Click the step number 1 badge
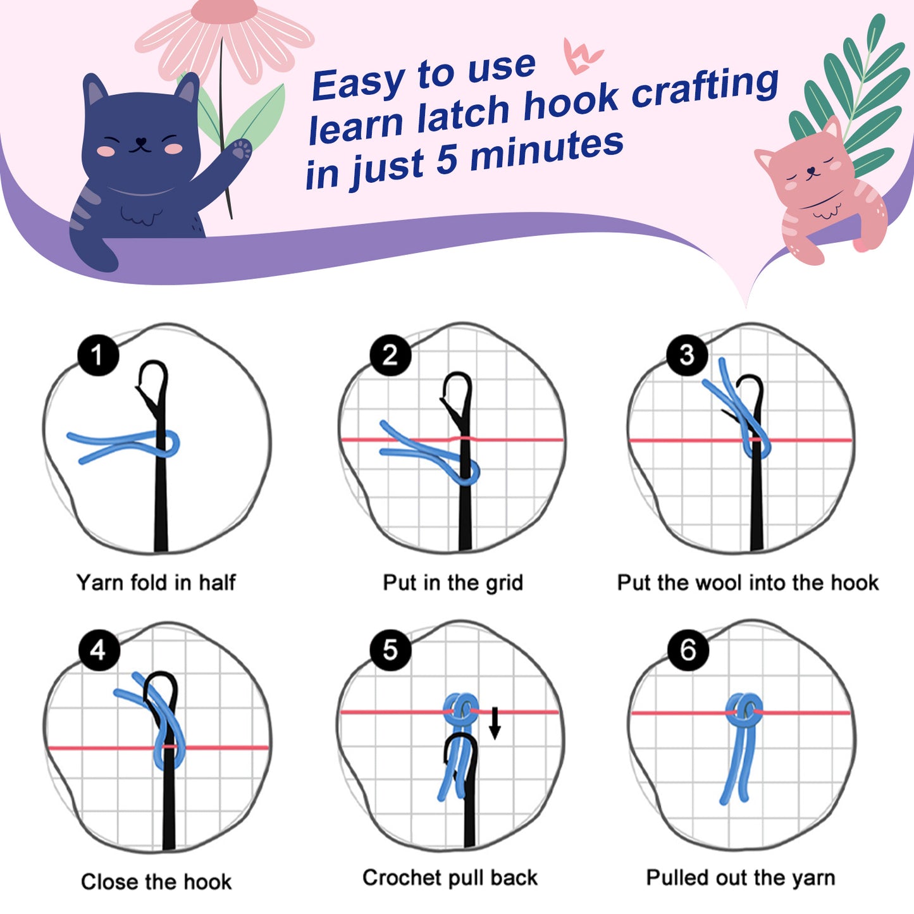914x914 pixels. pos(98,355)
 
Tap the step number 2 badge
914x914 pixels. pos(390,355)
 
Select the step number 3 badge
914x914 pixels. pos(687,355)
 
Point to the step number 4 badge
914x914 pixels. pos(99,650)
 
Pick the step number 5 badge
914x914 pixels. pos(390,650)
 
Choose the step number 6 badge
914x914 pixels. pos(688,650)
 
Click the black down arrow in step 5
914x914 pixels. pos(495,724)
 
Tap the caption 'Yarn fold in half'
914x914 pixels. pos(156,583)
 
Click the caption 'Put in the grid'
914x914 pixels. pos(453,583)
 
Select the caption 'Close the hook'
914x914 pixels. pos(156,882)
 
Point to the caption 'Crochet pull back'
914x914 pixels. pos(450,878)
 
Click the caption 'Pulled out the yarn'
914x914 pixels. pos(741,878)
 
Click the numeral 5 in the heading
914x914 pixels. pos(446,161)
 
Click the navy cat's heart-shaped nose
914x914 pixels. pos(141,141)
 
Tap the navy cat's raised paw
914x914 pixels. pos(241,150)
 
